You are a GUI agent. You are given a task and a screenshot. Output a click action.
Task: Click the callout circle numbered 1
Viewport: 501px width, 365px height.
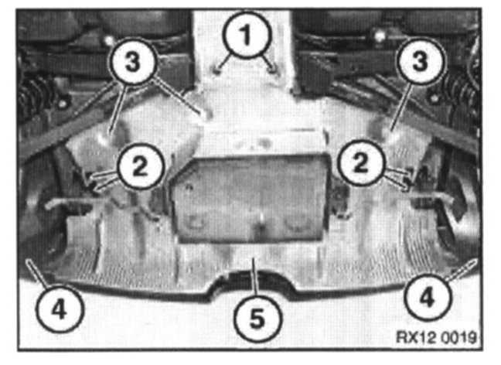pos(247,35)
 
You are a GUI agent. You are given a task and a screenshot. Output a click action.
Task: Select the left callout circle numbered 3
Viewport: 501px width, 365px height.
pos(133,61)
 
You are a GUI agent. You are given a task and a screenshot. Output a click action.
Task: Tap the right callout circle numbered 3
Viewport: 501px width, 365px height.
pos(420,61)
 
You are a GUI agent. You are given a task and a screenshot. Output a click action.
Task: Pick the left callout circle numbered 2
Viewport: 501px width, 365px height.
pos(140,165)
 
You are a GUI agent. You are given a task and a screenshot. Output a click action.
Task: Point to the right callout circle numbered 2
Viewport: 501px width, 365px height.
pos(361,163)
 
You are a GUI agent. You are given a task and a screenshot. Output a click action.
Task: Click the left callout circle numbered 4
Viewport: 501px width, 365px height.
pos(60,308)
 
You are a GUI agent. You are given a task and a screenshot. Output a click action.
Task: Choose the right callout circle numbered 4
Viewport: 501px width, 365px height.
pos(428,297)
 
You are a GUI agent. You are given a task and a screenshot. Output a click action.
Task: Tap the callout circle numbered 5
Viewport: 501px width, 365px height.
pos(257,319)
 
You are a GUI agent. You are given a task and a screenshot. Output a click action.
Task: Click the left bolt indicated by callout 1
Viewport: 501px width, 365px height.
pos(216,70)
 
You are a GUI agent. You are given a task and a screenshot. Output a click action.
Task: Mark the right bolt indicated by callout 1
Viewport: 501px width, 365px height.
pos(274,70)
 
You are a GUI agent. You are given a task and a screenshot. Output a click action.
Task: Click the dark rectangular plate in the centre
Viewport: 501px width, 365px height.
pos(249,198)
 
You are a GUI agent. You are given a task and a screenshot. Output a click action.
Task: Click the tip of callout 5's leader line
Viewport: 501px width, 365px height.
pos(253,260)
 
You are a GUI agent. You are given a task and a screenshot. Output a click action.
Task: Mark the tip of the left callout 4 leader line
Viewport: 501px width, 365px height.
pos(28,260)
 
